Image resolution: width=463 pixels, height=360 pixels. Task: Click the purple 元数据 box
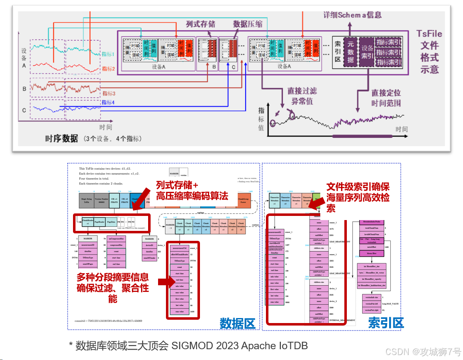click(x=351, y=51)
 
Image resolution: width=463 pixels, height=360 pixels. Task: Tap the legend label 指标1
click(x=108, y=54)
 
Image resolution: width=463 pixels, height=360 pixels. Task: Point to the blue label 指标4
click(x=108, y=102)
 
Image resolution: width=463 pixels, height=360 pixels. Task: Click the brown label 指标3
click(x=109, y=93)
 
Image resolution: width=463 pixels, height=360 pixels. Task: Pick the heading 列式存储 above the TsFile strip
click(x=201, y=24)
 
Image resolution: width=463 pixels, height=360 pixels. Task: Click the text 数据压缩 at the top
click(x=248, y=24)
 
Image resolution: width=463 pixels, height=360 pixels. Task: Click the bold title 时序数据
click(x=61, y=139)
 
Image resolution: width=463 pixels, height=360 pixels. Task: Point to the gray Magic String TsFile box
click(x=86, y=200)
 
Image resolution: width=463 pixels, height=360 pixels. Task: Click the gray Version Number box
click(x=102, y=200)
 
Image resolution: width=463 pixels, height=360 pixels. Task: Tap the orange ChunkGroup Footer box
click(x=244, y=200)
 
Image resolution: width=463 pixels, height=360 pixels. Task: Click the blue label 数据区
click(x=237, y=323)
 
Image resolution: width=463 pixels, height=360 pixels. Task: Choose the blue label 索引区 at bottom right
click(x=385, y=323)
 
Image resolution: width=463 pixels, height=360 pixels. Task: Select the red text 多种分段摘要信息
click(x=113, y=277)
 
